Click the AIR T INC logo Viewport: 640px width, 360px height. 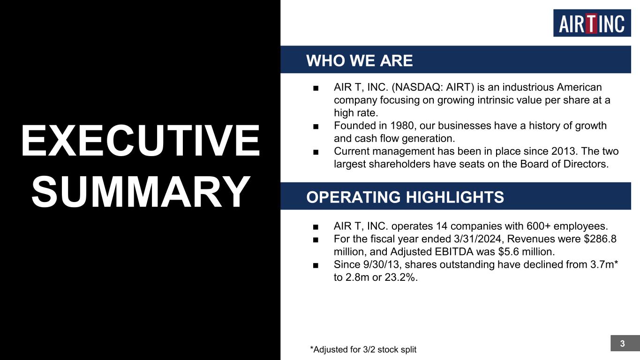[592, 23]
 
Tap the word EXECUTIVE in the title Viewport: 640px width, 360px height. [140, 141]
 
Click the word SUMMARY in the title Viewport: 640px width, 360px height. [141, 192]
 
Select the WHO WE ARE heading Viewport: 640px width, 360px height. [360, 60]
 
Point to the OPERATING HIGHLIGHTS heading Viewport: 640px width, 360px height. [405, 197]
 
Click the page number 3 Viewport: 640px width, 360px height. [623, 344]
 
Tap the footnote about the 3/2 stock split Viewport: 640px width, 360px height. [363, 349]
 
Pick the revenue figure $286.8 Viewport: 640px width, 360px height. [600, 239]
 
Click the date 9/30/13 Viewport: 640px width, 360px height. [381, 264]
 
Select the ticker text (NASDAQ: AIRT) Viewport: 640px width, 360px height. [433, 87]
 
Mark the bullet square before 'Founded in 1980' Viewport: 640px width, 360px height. [316, 127]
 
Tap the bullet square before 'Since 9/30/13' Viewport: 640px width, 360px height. [316, 265]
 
